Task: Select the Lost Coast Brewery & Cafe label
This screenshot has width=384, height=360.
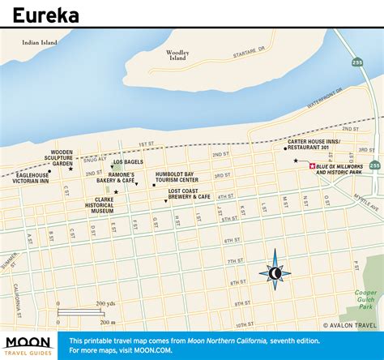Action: [x=189, y=194]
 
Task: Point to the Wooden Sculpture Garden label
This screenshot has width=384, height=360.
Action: [x=62, y=157]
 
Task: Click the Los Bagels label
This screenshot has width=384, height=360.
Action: [x=129, y=162]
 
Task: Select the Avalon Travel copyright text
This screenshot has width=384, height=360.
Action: [x=350, y=326]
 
